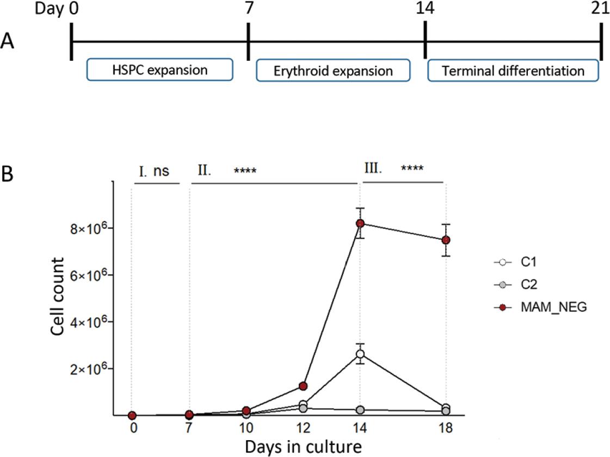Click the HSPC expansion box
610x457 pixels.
(x=160, y=70)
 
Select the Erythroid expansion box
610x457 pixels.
(x=333, y=70)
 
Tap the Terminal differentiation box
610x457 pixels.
(x=513, y=70)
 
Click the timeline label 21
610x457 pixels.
(x=600, y=8)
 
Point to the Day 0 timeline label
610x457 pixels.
(x=57, y=8)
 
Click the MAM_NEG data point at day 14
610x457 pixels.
(x=360, y=223)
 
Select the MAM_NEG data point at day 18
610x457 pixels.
(x=446, y=240)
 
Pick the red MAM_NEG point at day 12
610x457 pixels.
(x=303, y=386)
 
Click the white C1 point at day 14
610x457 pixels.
(x=360, y=354)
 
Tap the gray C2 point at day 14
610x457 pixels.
(x=360, y=410)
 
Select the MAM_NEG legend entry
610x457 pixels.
(x=540, y=307)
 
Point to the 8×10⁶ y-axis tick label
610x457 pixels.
(x=88, y=228)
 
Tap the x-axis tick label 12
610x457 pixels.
(x=303, y=428)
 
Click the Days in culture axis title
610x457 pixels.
(x=303, y=447)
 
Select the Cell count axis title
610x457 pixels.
(x=57, y=296)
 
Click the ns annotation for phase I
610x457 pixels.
(x=161, y=171)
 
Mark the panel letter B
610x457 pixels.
(x=8, y=174)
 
